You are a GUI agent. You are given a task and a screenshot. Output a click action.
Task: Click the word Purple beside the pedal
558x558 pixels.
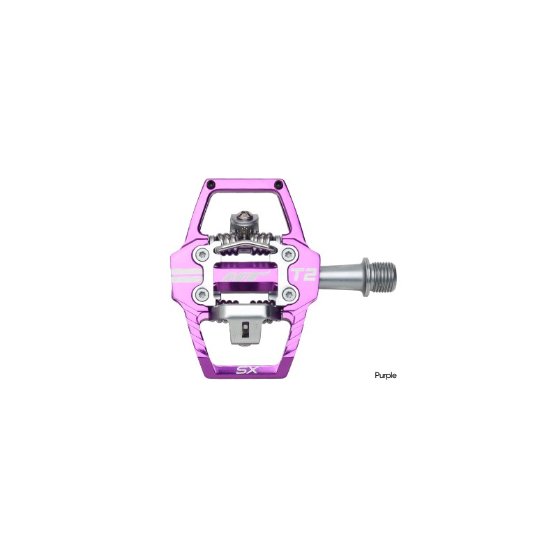pos(384,375)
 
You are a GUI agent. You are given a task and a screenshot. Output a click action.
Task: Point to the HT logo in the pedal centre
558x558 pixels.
pos(239,276)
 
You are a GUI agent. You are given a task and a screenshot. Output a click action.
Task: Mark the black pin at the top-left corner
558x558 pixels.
pos(202,183)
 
